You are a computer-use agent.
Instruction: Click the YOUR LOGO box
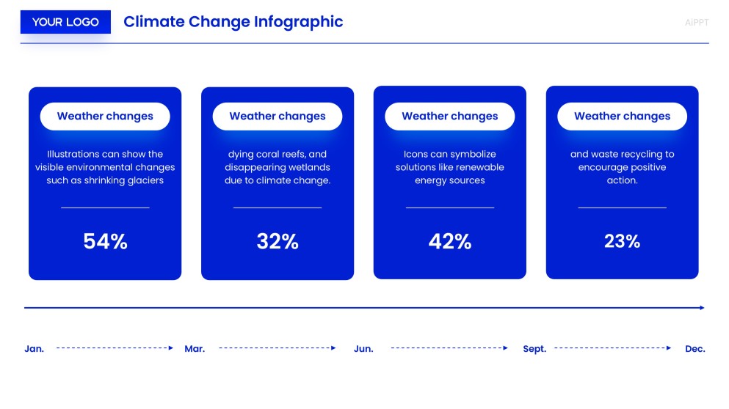tap(65, 22)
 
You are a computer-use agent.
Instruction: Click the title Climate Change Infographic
tap(233, 22)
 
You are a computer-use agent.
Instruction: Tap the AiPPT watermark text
tap(696, 23)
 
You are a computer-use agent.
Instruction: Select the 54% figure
tap(105, 241)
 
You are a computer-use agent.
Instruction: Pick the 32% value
tap(278, 241)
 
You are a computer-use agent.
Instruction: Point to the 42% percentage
tap(449, 241)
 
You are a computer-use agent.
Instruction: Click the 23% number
tap(622, 241)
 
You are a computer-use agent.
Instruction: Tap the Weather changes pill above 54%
tap(105, 116)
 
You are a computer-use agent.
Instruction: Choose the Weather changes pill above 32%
tap(278, 116)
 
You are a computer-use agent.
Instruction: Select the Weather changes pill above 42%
tap(449, 116)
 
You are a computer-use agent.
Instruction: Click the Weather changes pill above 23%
tap(622, 116)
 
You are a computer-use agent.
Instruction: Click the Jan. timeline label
tap(35, 349)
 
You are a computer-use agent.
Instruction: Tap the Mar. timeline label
tap(195, 349)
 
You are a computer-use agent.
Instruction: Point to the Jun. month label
tap(363, 349)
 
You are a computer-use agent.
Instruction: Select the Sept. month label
tap(534, 349)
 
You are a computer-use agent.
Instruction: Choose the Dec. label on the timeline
tap(694, 349)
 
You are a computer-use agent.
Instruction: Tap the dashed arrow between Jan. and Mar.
tap(115, 348)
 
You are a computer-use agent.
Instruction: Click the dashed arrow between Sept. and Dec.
tap(612, 348)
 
